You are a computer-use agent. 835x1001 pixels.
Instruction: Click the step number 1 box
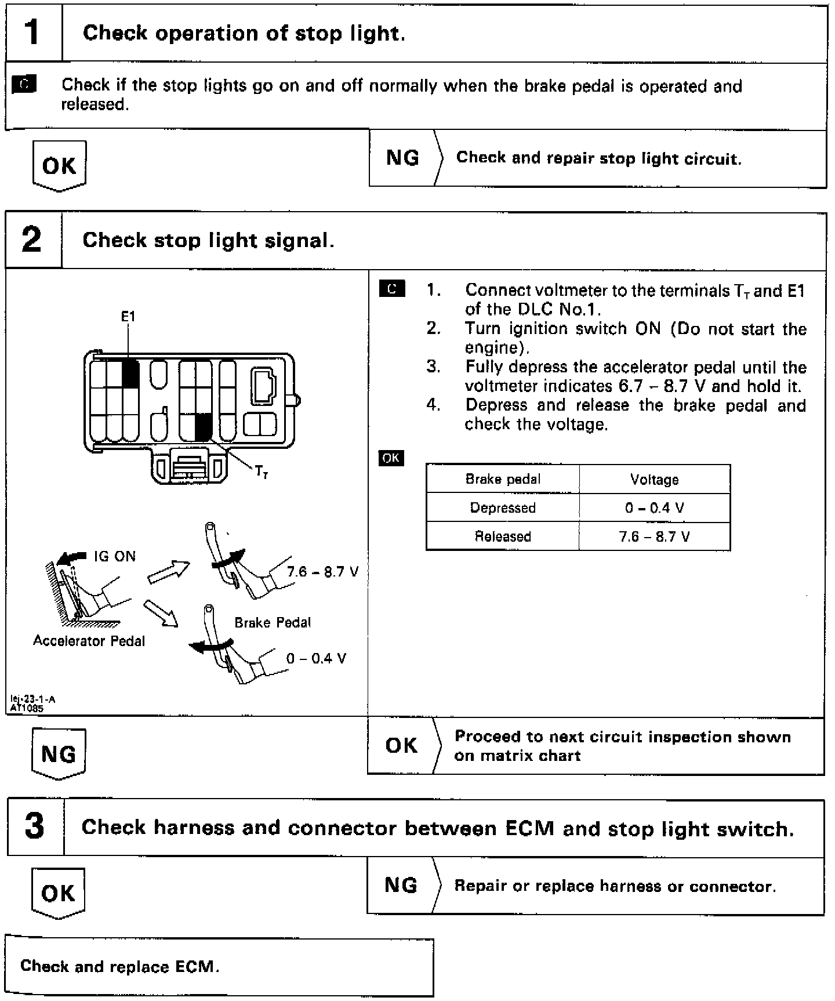click(33, 32)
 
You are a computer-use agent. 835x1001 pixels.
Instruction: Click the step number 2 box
click(33, 240)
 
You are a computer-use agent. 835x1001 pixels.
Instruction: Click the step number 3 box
click(35, 827)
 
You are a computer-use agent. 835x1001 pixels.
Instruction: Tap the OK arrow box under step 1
click(59, 166)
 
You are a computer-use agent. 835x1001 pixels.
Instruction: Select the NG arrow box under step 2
click(59, 754)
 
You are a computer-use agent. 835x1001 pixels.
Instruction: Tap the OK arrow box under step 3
click(58, 893)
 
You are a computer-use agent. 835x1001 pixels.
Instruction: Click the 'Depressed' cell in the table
click(503, 508)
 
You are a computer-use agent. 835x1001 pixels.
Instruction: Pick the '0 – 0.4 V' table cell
click(655, 508)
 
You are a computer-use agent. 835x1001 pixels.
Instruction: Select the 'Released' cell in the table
click(503, 536)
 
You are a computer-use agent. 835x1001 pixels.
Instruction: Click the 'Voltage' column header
click(655, 480)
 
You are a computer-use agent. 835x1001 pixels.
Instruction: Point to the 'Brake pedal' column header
click(503, 480)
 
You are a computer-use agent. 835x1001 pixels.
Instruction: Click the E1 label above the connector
click(128, 317)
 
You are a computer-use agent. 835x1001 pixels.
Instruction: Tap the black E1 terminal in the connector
click(130, 373)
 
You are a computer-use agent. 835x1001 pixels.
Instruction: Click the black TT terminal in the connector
click(203, 428)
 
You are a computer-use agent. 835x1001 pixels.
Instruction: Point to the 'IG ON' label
click(115, 557)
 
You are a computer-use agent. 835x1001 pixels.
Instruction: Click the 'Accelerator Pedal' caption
click(89, 641)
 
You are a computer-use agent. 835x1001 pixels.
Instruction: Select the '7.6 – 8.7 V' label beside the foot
click(322, 572)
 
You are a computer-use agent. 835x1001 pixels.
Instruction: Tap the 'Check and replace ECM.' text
click(119, 966)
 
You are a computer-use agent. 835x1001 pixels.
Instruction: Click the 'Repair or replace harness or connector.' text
click(615, 886)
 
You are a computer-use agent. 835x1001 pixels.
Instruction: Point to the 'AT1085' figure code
click(27, 708)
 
